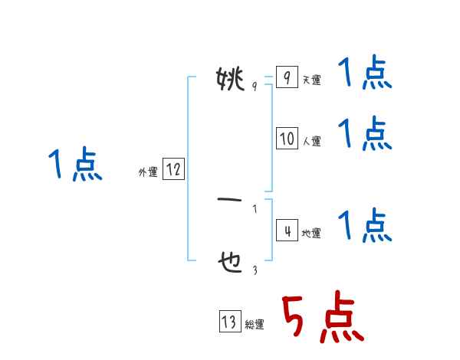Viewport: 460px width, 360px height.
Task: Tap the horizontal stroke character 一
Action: point(230,201)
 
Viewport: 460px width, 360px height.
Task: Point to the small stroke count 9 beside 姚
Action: point(254,87)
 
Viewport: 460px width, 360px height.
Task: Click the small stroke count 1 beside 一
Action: point(254,208)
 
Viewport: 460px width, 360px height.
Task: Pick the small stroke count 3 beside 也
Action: point(254,270)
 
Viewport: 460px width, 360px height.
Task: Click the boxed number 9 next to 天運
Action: point(286,78)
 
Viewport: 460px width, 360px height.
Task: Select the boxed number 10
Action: point(287,139)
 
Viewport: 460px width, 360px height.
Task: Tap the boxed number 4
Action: point(286,231)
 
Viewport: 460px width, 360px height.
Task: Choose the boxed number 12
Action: point(173,169)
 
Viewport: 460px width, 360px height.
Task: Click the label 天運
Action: point(311,80)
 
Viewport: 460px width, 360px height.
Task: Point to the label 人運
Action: point(311,142)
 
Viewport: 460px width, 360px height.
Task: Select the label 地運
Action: point(311,234)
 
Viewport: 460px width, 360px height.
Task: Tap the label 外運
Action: point(148,172)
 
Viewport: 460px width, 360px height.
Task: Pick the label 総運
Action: point(255,325)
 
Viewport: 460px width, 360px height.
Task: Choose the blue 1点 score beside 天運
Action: point(365,75)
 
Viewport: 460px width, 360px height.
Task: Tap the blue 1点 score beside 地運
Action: point(365,226)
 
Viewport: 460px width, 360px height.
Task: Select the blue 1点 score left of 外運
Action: point(75,165)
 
